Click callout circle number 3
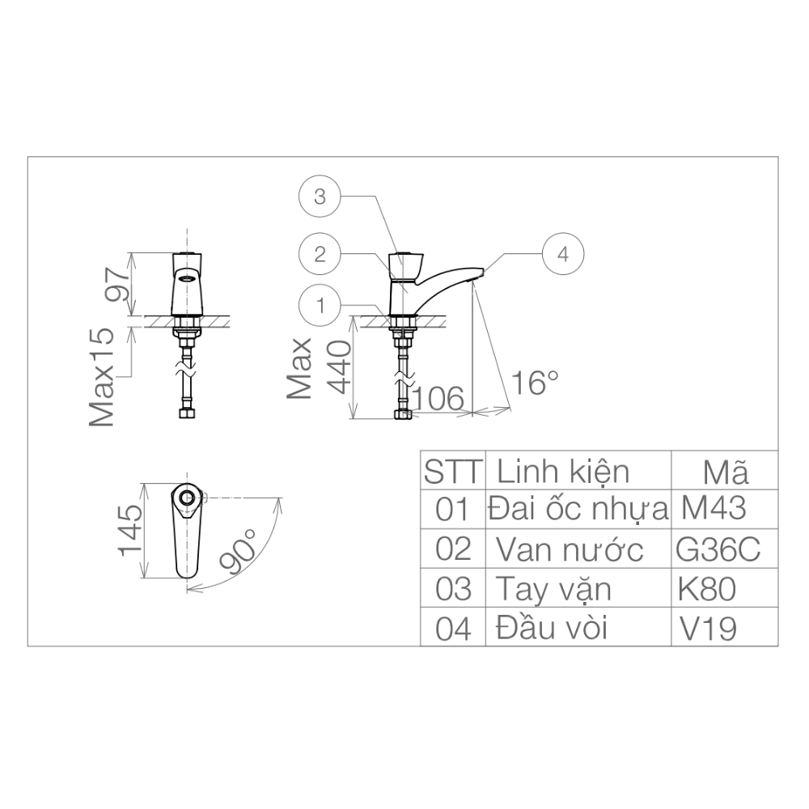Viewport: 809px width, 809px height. click(x=320, y=197)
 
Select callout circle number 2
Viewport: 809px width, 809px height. click(x=320, y=253)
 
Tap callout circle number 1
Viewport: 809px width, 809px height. click(x=320, y=306)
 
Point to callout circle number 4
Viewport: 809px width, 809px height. click(x=563, y=253)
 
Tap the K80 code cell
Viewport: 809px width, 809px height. click(x=708, y=589)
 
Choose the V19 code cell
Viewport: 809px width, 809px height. click(x=709, y=628)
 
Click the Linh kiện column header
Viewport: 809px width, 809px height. click(x=563, y=471)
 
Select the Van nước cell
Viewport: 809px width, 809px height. click(x=570, y=550)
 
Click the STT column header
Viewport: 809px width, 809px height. click(x=453, y=471)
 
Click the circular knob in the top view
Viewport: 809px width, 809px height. click(x=187, y=498)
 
